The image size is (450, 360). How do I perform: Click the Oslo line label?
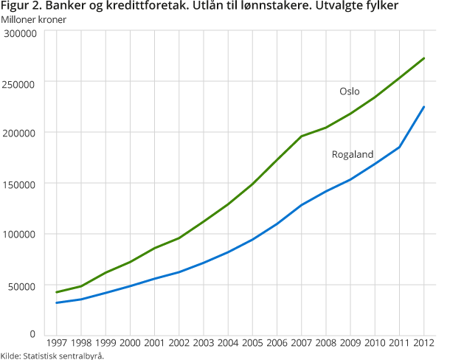coord(349,91)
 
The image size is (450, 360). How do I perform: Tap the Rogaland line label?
coord(353,154)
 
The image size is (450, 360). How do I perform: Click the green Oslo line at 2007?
coord(302,136)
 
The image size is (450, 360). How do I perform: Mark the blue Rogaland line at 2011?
coord(400,147)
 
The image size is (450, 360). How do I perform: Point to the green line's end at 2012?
coord(424,58)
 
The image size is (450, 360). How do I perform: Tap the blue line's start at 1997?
coord(56,302)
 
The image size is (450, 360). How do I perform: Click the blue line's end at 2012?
coord(424,106)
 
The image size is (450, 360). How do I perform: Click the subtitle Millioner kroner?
coord(34,19)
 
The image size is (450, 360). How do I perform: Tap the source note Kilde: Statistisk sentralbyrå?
coord(52,356)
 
